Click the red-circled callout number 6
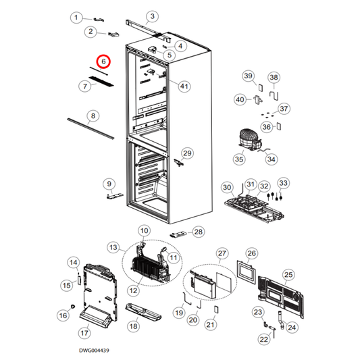103,62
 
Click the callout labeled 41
184,85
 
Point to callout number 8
92,115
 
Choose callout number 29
187,153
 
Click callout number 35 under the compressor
238,159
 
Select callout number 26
251,254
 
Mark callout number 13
113,248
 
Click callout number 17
84,333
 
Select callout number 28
198,232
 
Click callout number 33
283,183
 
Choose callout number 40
240,100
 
